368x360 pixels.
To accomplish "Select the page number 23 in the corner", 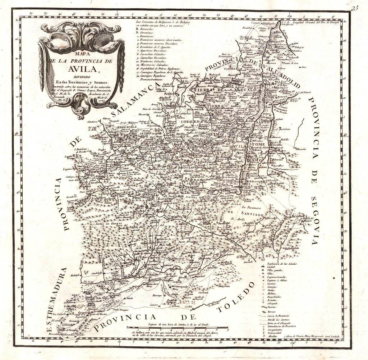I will [355, 9].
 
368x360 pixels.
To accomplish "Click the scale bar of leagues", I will [178, 328].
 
